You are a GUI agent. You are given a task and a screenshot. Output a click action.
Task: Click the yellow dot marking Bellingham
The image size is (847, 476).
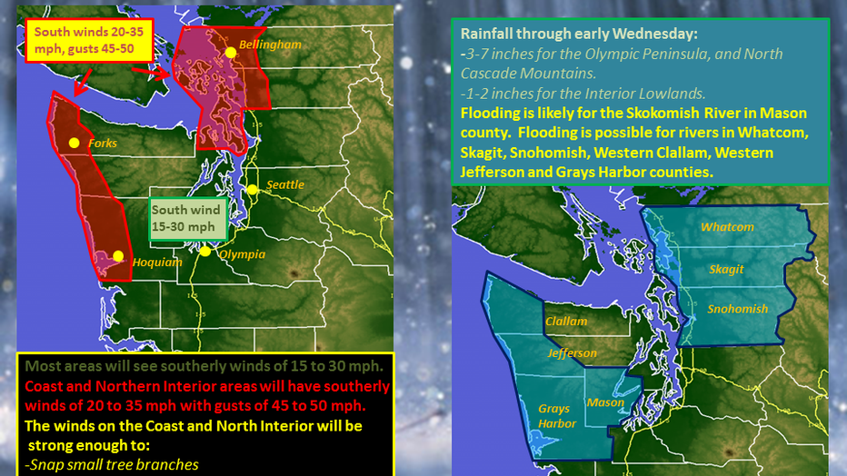tap(231, 53)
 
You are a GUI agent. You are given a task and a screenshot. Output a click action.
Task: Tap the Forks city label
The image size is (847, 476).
tap(103, 143)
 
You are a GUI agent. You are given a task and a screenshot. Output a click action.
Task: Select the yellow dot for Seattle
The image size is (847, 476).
tap(253, 190)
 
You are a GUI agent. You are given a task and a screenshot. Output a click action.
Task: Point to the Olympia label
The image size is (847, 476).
tap(242, 254)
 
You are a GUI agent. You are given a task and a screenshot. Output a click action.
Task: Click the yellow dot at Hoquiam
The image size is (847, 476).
tap(118, 256)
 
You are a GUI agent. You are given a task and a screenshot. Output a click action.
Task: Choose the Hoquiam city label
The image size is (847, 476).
tap(157, 263)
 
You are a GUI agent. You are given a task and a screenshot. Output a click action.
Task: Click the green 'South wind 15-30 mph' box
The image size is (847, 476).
tap(187, 219)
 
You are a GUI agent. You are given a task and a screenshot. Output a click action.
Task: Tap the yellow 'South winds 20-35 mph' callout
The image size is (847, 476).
tap(89, 41)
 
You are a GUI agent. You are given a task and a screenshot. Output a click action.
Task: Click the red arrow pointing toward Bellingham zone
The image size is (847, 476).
tap(151, 73)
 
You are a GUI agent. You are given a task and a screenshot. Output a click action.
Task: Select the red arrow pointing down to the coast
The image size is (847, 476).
tap(83, 83)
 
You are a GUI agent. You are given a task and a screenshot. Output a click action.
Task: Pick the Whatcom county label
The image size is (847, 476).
tap(727, 227)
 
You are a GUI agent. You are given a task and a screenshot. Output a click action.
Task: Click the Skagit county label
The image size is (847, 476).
tap(726, 269)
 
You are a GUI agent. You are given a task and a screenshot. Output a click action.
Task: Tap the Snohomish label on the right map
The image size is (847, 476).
tap(737, 309)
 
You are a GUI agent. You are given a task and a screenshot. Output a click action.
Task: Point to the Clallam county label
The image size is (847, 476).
tap(566, 321)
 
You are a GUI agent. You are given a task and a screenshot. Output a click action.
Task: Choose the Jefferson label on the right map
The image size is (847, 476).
tap(572, 353)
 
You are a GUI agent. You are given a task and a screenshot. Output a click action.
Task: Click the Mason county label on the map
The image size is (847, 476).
tap(605, 402)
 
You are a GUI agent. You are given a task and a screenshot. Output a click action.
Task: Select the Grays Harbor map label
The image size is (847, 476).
tap(556, 416)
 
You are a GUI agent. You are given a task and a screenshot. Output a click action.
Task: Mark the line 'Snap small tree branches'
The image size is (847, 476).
tap(112, 465)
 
